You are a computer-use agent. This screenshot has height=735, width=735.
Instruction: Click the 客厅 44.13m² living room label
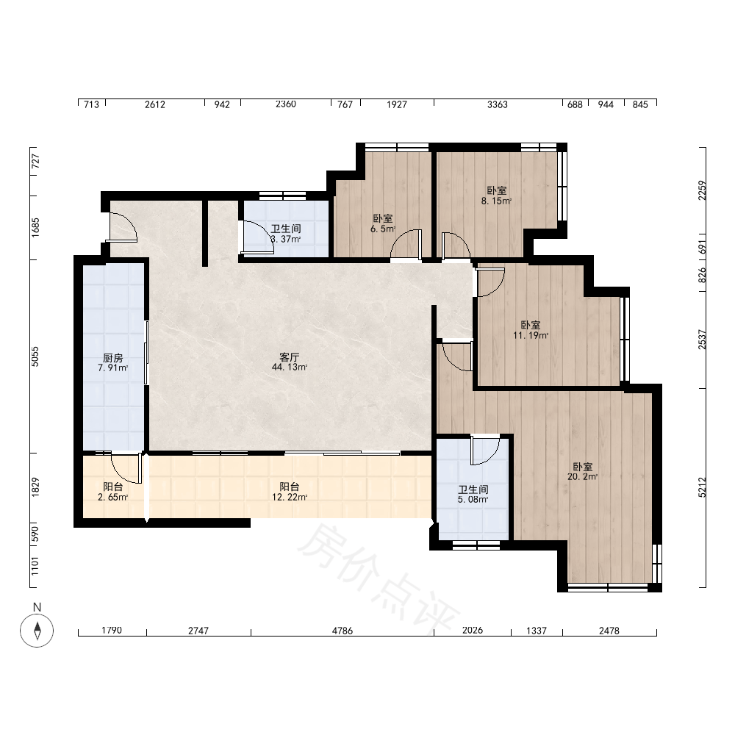click(289, 362)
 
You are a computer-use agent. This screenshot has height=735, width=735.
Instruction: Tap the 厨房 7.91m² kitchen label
click(112, 363)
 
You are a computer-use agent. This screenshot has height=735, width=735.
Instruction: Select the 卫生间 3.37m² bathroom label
click(285, 234)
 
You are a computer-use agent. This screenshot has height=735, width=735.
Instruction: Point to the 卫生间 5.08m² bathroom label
click(473, 495)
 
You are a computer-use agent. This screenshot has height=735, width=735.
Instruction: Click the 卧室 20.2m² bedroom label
click(582, 472)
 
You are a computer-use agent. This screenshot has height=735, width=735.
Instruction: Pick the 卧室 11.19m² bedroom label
click(531, 330)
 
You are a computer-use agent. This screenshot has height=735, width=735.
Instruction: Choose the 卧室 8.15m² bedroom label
click(496, 196)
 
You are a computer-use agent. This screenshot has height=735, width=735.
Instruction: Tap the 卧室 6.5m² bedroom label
click(383, 223)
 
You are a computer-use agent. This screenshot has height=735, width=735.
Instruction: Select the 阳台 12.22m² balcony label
click(289, 492)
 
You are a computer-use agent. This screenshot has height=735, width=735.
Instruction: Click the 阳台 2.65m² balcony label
click(112, 492)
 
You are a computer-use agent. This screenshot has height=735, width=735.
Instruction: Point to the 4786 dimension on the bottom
click(343, 631)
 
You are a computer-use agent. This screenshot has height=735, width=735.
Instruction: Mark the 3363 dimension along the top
click(498, 104)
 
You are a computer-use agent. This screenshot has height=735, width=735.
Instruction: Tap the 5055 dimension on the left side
click(35, 356)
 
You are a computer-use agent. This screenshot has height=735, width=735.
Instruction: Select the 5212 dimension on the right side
click(702, 487)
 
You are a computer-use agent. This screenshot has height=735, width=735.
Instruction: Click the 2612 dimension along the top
click(154, 104)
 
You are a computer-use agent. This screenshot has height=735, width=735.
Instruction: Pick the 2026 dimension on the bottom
click(472, 631)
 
